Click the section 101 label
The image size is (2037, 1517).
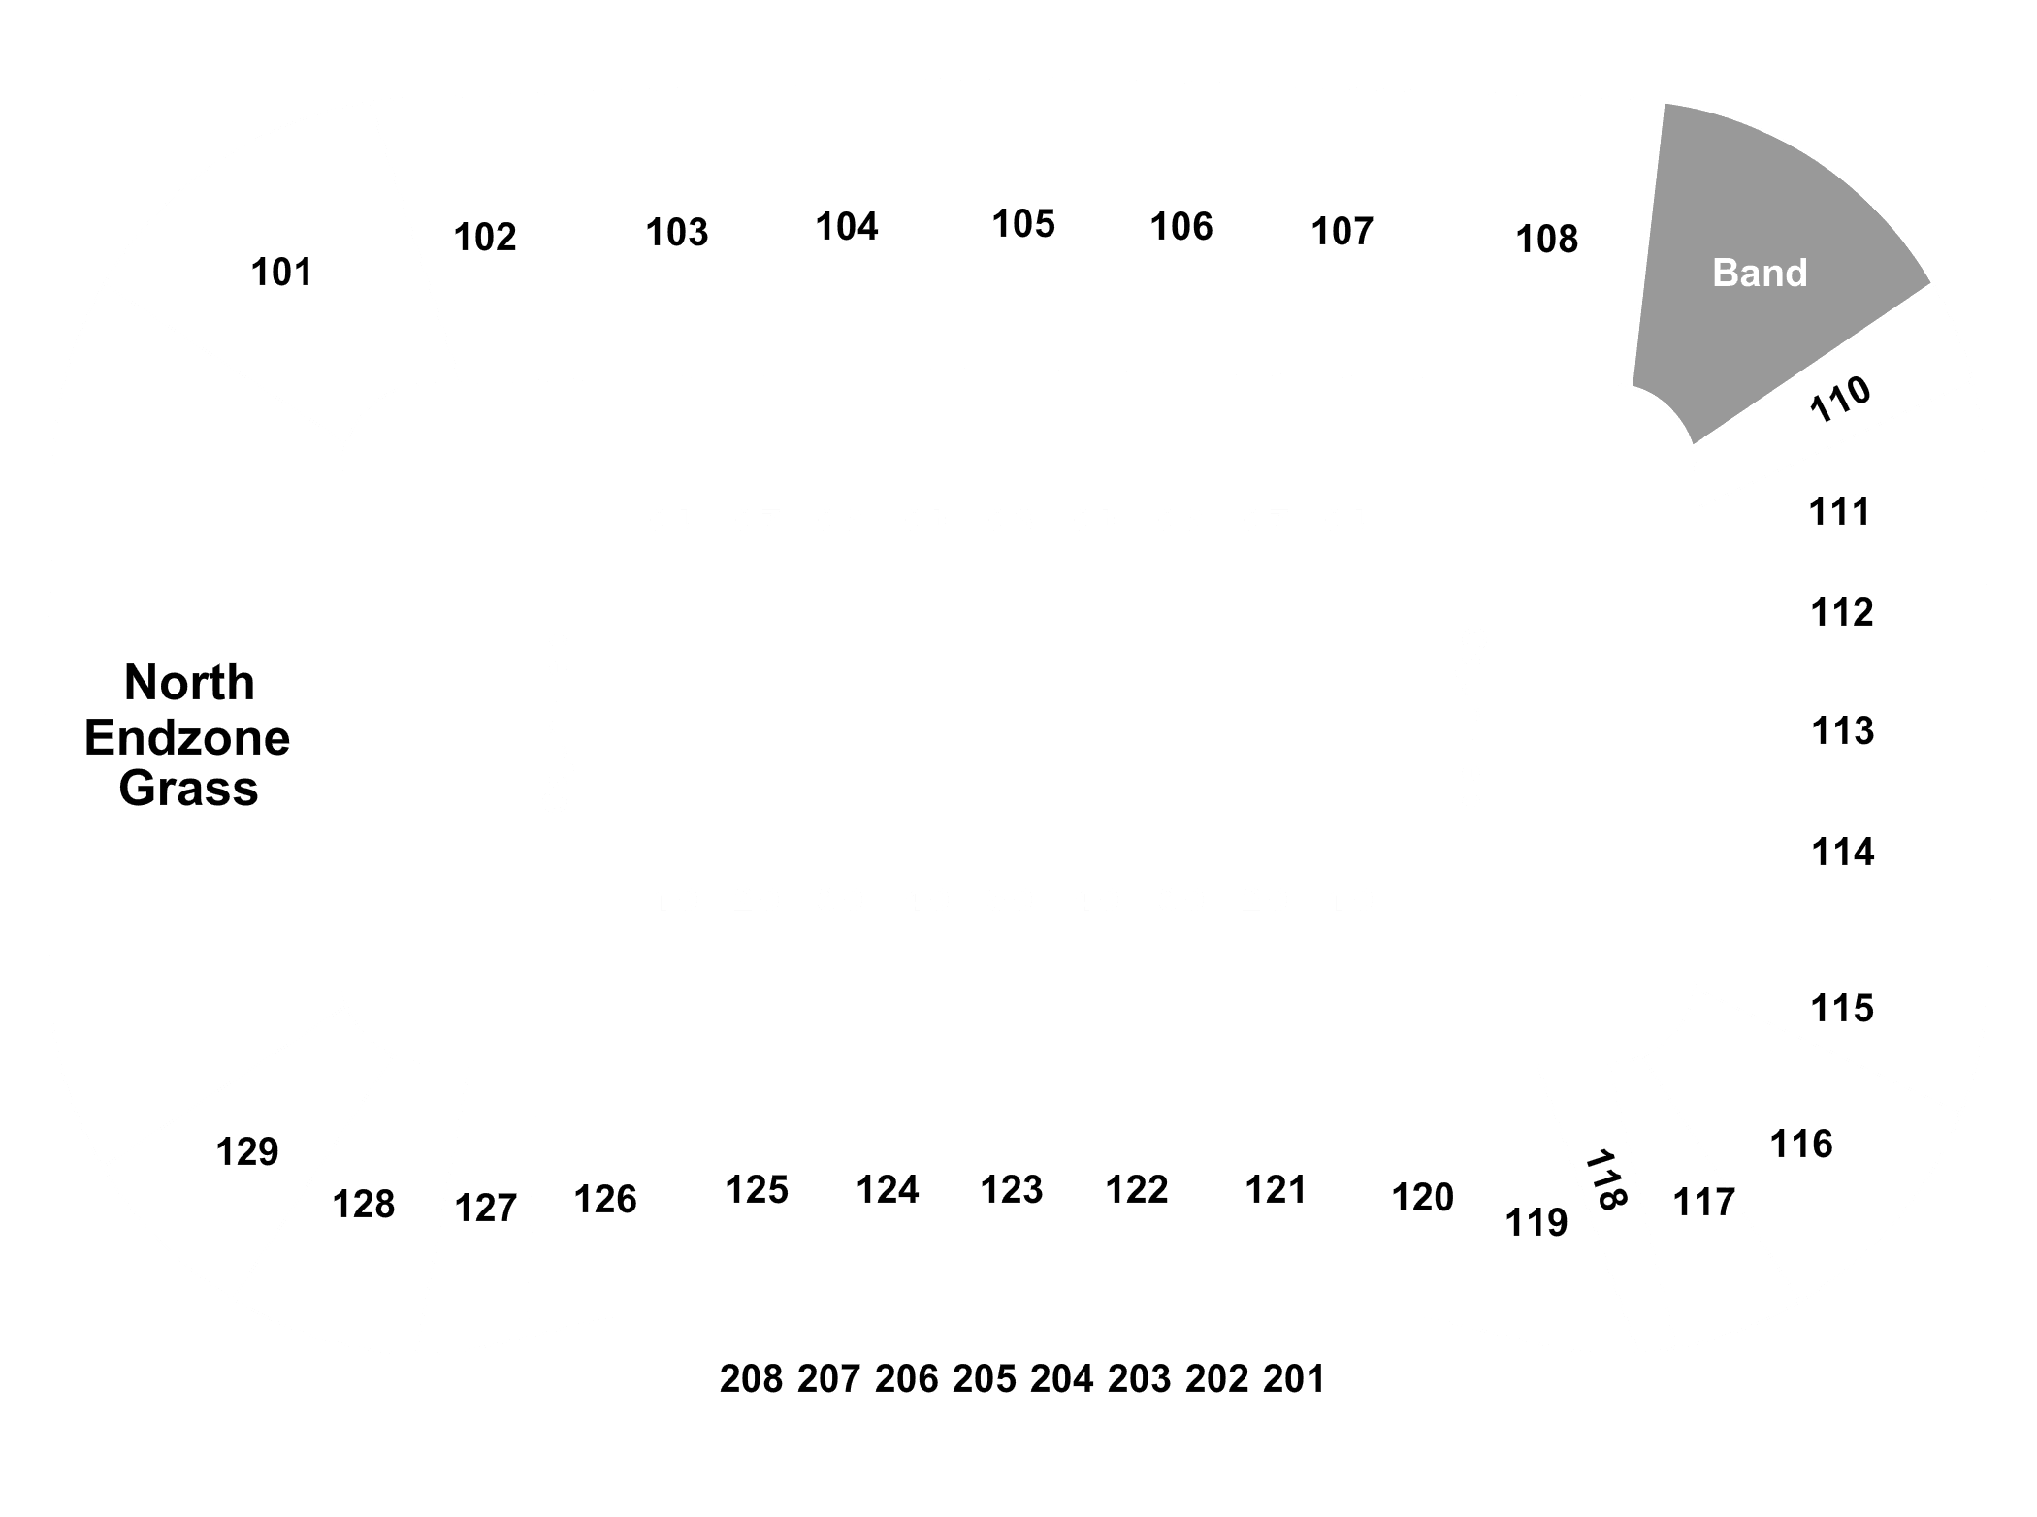pos(281,273)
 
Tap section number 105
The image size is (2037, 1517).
pos(1022,224)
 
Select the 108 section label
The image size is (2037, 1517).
pos(1546,239)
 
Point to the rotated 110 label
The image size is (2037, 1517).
pos(1840,399)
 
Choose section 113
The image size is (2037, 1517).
pos(1842,730)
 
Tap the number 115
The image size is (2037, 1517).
pos(1842,1009)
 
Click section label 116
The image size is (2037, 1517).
pos(1801,1145)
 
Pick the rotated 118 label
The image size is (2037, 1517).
pos(1605,1180)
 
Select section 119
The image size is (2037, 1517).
pos(1536,1223)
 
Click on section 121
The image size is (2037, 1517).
pos(1276,1190)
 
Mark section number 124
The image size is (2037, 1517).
pos(887,1190)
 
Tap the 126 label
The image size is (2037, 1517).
pos(605,1200)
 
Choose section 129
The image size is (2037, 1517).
pos(246,1152)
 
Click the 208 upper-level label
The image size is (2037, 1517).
pos(751,1379)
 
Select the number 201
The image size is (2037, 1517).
pos(1294,1379)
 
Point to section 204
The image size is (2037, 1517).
pos(1061,1379)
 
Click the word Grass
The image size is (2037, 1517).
pos(188,788)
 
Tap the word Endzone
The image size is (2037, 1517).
pos(187,738)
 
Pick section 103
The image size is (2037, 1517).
pos(677,233)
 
